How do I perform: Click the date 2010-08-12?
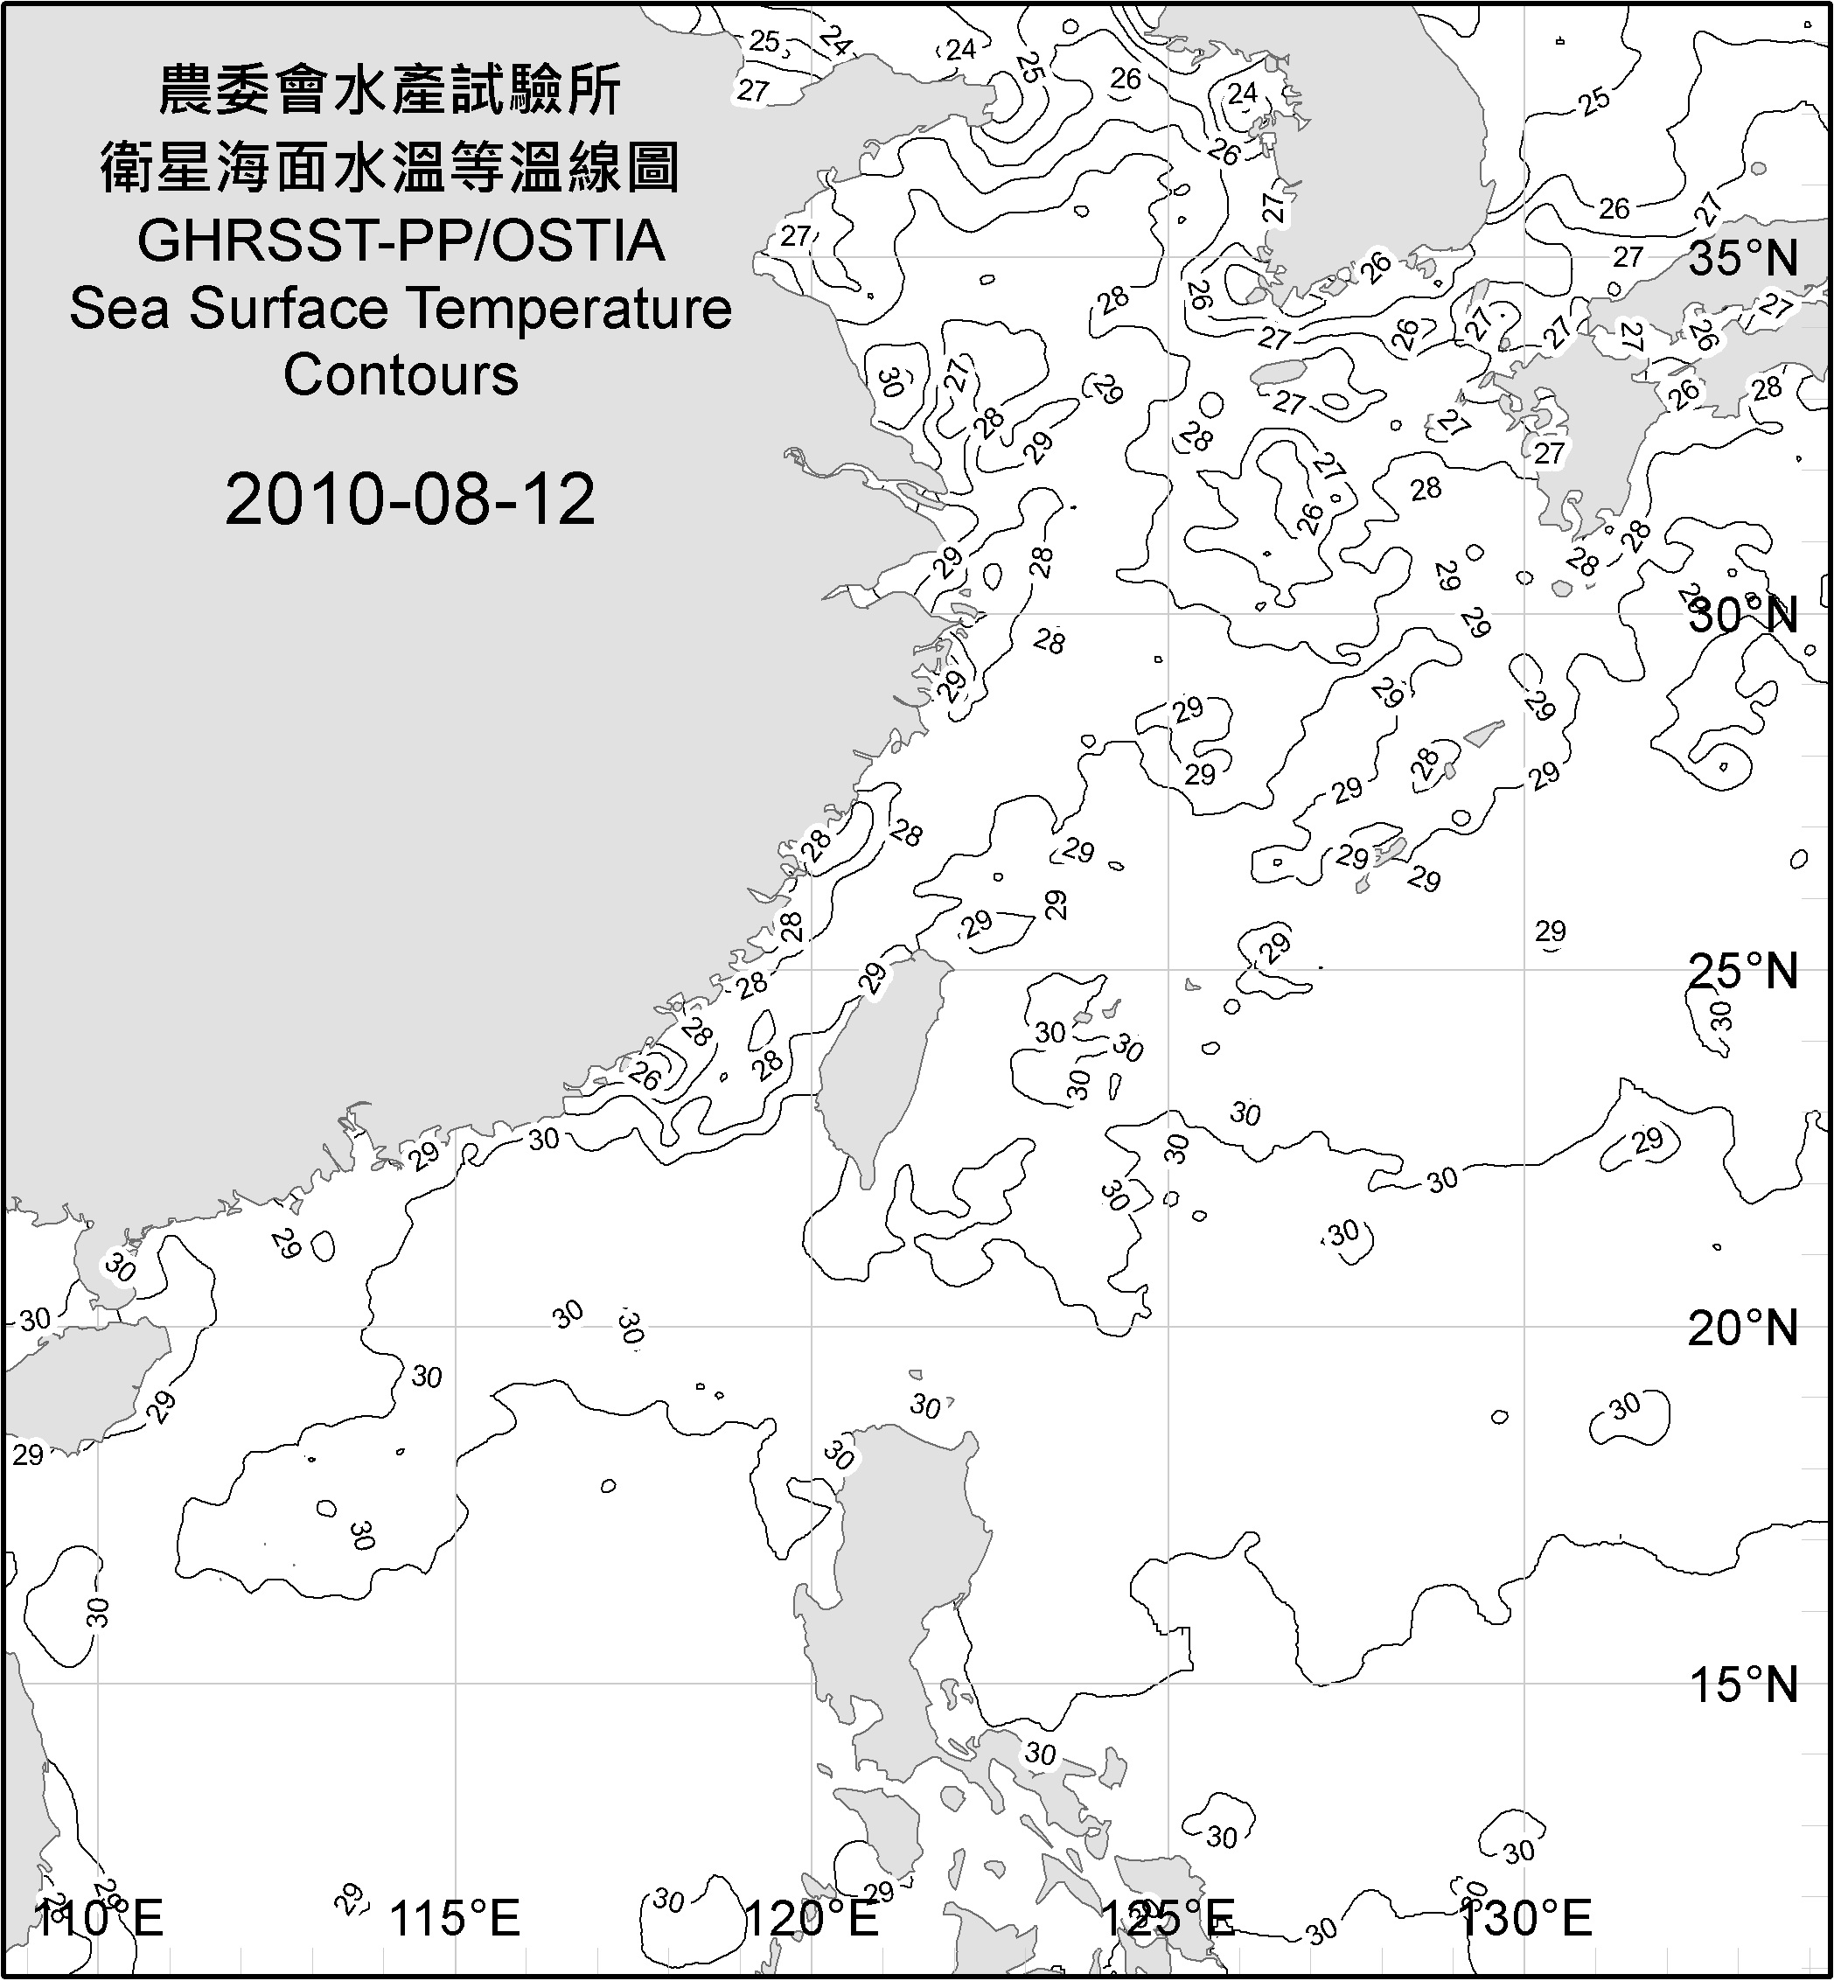(410, 499)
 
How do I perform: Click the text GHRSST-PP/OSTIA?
(401, 241)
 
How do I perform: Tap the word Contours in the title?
(401, 375)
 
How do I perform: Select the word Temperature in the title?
(570, 309)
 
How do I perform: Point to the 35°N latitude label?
(1744, 259)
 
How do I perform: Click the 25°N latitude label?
(1744, 972)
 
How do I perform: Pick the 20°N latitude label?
(1744, 1329)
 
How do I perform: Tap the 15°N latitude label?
(1744, 1685)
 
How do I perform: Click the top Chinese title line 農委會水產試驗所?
(390, 91)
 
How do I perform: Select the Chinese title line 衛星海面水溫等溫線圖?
(390, 167)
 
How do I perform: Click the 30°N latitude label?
(1744, 617)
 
